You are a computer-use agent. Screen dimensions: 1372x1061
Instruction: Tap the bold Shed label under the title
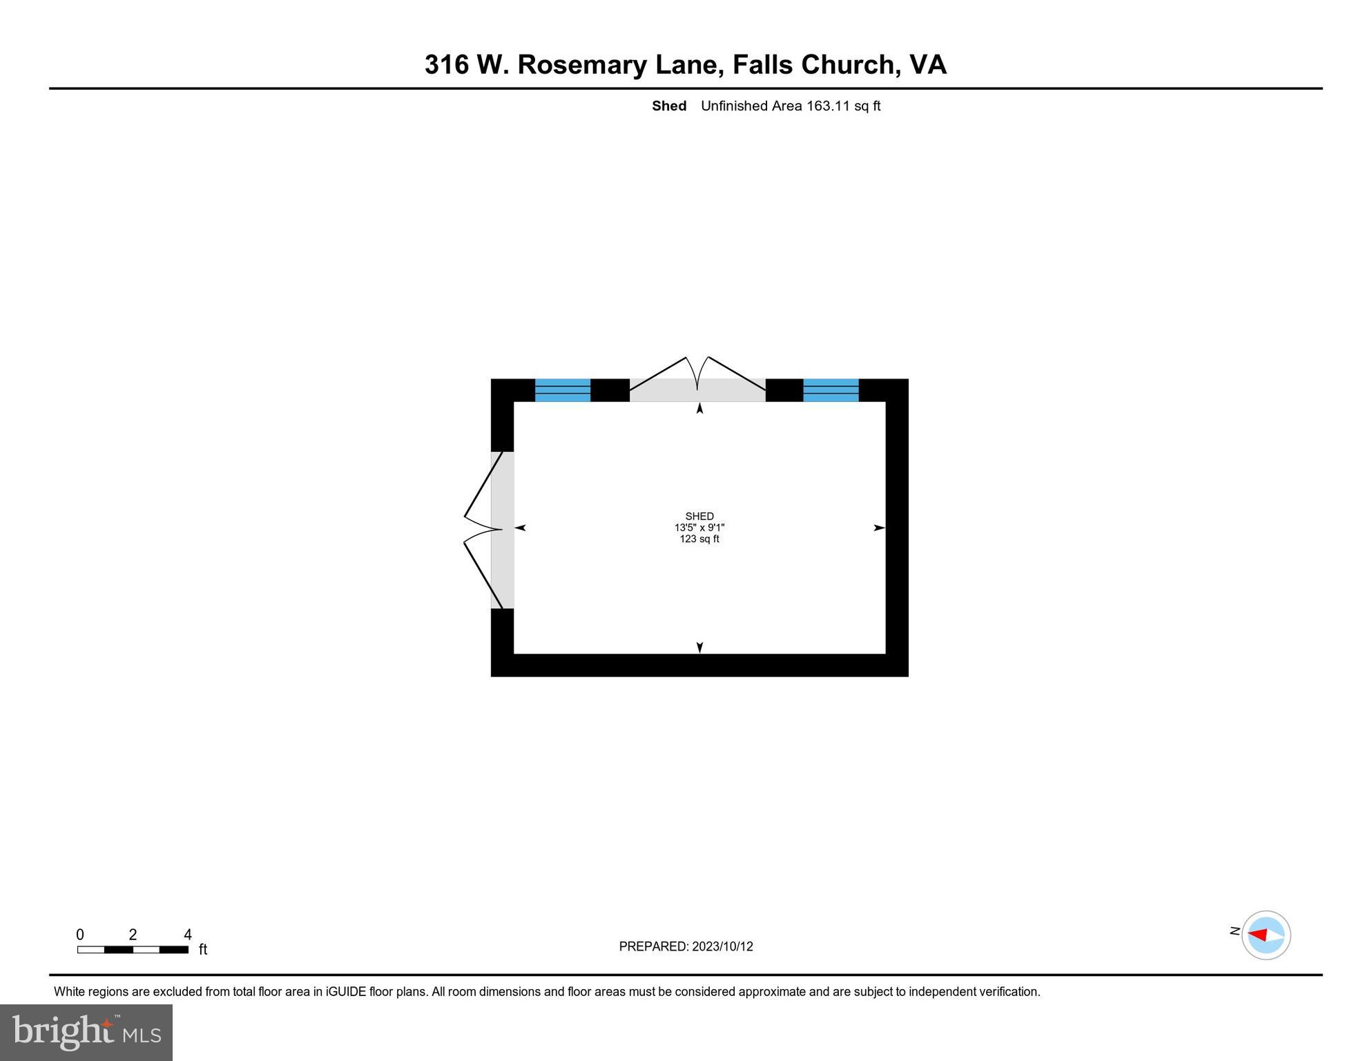click(x=669, y=106)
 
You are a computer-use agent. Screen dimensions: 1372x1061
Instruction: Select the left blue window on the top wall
click(x=563, y=390)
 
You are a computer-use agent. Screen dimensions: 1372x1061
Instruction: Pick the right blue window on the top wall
click(x=831, y=390)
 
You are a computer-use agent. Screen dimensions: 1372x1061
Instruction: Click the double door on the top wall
click(x=697, y=379)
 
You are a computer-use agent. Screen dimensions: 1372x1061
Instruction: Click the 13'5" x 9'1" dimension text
click(x=699, y=528)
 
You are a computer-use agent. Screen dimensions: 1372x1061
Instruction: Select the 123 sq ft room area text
click(x=699, y=539)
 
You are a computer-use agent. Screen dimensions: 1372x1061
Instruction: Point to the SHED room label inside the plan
click(x=699, y=516)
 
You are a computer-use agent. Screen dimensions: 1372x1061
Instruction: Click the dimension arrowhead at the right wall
click(x=880, y=528)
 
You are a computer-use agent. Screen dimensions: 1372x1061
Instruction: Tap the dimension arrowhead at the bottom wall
click(x=699, y=648)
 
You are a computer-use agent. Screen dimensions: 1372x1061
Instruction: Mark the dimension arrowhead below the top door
click(x=699, y=408)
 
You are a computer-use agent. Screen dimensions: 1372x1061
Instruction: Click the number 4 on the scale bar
click(x=188, y=935)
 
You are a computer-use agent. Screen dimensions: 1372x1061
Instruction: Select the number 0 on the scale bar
click(x=80, y=935)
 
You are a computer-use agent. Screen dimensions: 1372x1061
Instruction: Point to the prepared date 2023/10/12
click(x=723, y=946)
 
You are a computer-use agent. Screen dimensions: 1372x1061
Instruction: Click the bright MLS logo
click(x=86, y=1032)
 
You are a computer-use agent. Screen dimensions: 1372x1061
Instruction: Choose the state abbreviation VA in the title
click(x=928, y=65)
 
